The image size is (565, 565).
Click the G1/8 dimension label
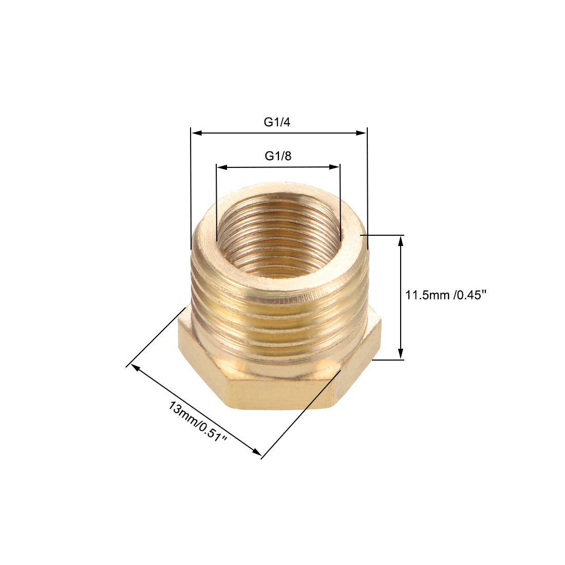(x=278, y=156)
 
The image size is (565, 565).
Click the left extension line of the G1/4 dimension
(x=191, y=190)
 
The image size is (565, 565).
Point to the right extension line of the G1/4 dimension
(x=368, y=190)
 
